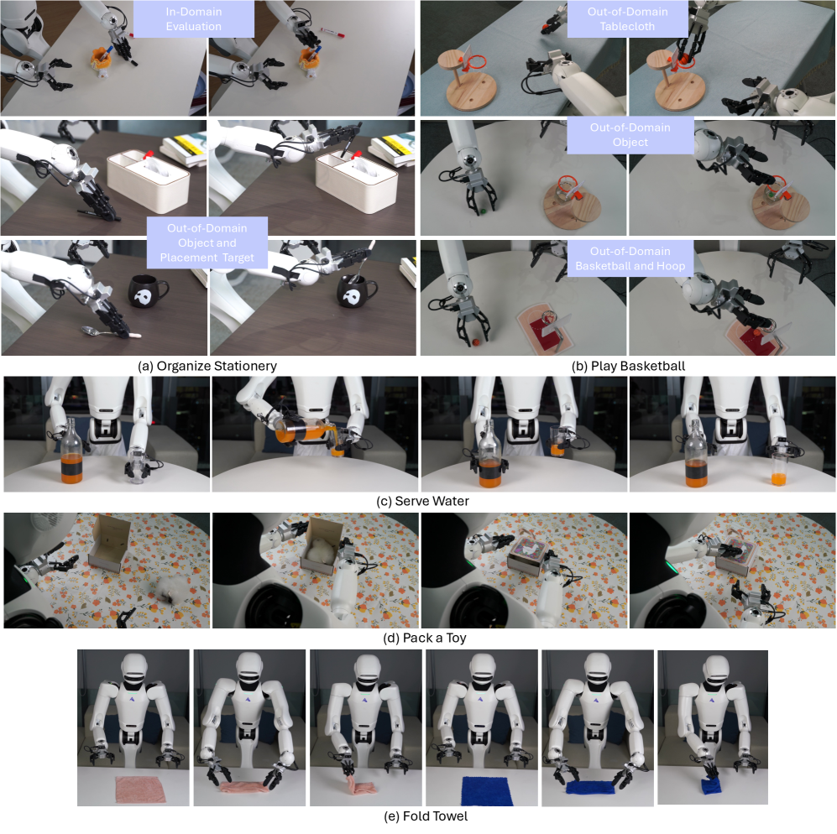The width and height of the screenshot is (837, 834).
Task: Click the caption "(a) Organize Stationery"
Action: coord(207,366)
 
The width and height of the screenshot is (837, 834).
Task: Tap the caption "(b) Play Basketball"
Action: coord(628,366)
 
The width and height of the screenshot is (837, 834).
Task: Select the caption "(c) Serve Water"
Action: coord(423,501)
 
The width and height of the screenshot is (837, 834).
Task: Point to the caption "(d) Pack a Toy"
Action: coord(424,638)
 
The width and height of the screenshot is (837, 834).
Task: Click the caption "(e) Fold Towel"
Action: coord(426,816)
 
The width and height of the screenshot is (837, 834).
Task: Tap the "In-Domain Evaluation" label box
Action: coord(193,18)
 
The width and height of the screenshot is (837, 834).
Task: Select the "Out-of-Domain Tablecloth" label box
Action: coord(627,18)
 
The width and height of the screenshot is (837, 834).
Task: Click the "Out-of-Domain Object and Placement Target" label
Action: coord(207,242)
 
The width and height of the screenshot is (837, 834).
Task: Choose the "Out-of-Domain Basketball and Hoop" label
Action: coord(630,258)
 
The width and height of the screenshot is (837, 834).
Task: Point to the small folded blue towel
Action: coord(711,786)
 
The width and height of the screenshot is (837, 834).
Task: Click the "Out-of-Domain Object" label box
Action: coord(630,135)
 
